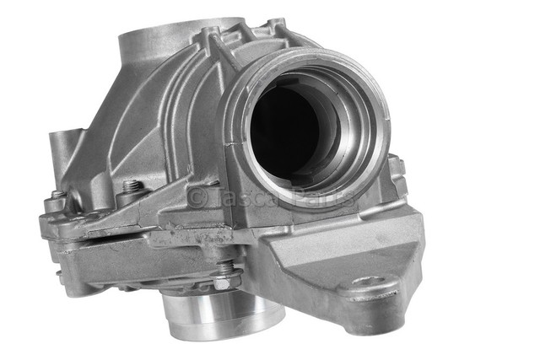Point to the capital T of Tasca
(x=217, y=198)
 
